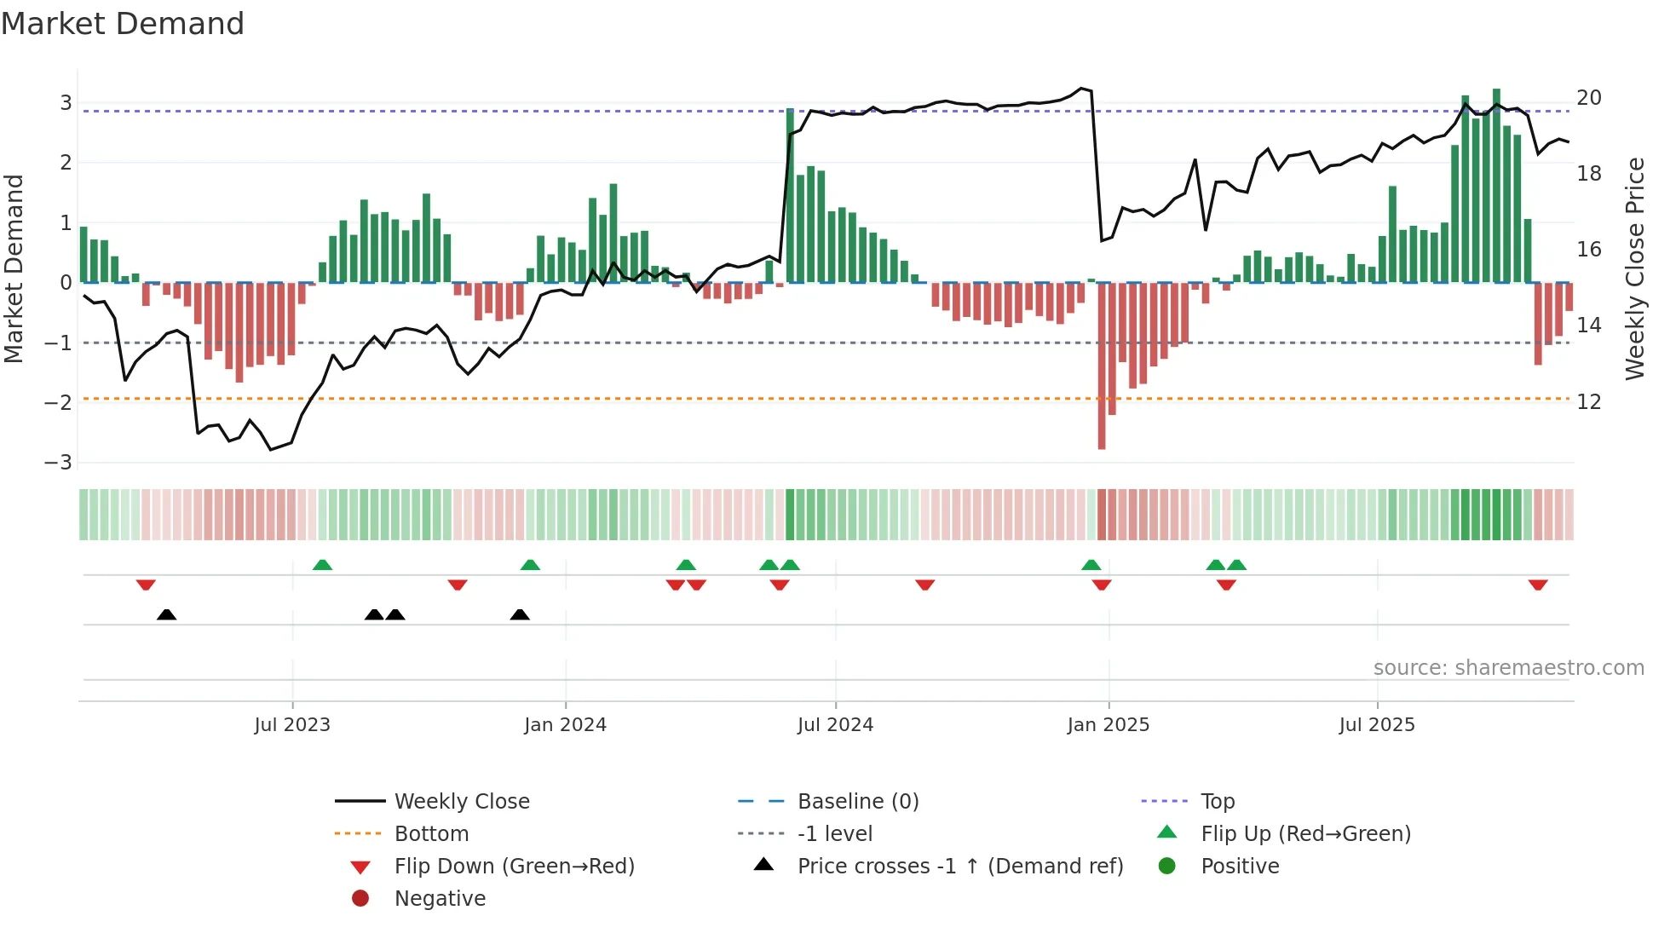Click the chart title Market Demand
(123, 24)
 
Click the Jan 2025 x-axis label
(1108, 725)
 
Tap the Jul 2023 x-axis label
(291, 725)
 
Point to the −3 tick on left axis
(59, 462)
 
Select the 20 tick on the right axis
(1589, 98)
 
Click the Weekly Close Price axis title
(1634, 268)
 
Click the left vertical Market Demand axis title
(14, 268)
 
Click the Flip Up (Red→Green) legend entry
(1305, 834)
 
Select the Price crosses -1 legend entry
(959, 867)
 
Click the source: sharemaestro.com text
(1508, 668)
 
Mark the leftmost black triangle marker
(167, 615)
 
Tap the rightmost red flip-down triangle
(1538, 585)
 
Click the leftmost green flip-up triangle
(322, 565)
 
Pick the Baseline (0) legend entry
(857, 802)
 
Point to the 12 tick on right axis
(1589, 402)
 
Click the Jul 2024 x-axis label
(835, 725)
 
